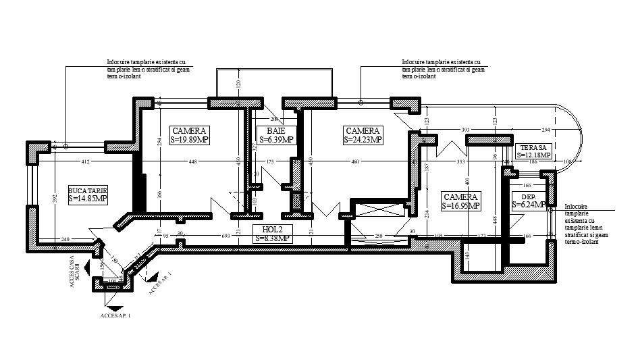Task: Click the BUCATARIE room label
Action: pyautogui.click(x=88, y=190)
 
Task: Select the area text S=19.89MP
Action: pyautogui.click(x=190, y=140)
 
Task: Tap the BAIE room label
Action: pyautogui.click(x=275, y=131)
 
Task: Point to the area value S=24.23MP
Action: pyautogui.click(x=363, y=140)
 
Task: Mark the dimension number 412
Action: pyautogui.click(x=86, y=162)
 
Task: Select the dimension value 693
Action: pyautogui.click(x=225, y=235)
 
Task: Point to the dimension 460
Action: pyautogui.click(x=356, y=162)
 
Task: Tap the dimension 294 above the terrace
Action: pyautogui.click(x=546, y=129)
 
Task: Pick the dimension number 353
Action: pyautogui.click(x=461, y=162)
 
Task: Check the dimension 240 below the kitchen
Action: pyautogui.click(x=65, y=240)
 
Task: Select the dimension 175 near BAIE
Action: pyautogui.click(x=270, y=162)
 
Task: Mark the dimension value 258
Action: pyautogui.click(x=379, y=236)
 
